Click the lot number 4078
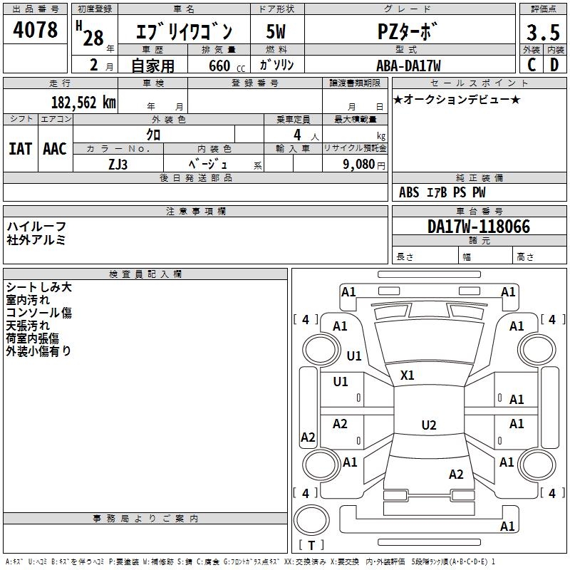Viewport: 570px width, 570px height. [x=36, y=30]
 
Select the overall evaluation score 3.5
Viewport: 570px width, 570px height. [x=543, y=33]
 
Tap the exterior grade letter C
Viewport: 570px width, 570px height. [x=532, y=65]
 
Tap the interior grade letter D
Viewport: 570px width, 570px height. [x=554, y=65]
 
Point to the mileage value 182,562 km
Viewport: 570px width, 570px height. [x=83, y=102]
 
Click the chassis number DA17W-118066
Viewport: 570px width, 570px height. [x=479, y=227]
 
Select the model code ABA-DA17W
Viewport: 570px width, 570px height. [x=408, y=66]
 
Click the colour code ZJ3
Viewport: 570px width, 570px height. [x=118, y=163]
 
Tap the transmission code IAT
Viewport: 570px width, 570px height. [x=20, y=149]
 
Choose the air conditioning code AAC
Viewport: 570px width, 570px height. [x=55, y=149]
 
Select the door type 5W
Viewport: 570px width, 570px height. [x=276, y=32]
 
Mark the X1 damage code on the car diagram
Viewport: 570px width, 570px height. [x=408, y=375]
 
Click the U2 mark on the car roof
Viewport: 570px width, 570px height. [x=428, y=425]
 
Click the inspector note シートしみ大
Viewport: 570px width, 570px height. [x=38, y=287]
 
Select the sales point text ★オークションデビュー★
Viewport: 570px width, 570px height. [x=456, y=99]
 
